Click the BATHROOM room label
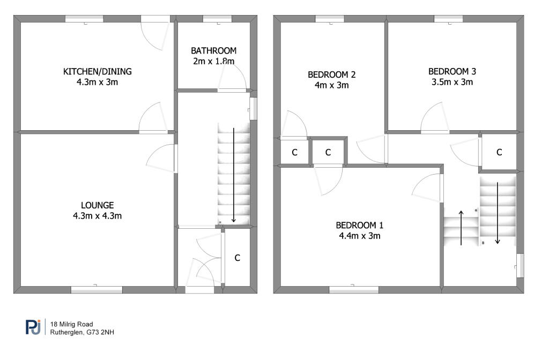213,51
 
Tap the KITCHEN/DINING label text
98,72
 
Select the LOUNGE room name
98,205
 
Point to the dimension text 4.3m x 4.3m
98,216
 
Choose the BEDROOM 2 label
331,74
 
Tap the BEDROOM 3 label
452,71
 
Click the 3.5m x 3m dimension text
452,82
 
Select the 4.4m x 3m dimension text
360,236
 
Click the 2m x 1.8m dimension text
213,61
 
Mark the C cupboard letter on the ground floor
238,258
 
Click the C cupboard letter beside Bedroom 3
499,152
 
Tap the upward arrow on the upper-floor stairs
461,228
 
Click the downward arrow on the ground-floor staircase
234,175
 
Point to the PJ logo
33,327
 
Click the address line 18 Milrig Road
71,324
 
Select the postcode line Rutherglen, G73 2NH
82,332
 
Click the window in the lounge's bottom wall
97,290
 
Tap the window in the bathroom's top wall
218,19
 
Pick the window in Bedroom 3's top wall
449,19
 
